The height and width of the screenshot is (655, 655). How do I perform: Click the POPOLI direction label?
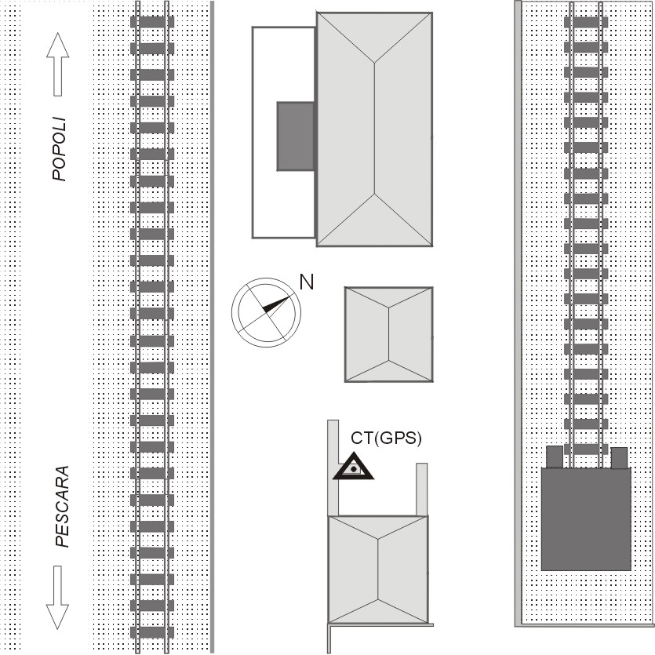[x=60, y=150]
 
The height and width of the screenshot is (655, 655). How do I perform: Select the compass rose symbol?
[x=265, y=311]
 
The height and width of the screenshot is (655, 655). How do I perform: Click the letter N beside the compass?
[x=307, y=282]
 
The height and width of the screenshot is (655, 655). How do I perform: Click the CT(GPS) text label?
[x=385, y=439]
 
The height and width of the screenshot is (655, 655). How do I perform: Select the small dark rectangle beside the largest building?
[x=296, y=136]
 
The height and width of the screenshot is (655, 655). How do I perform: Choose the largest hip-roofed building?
[x=374, y=129]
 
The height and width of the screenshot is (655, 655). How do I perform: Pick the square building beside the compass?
[x=388, y=334]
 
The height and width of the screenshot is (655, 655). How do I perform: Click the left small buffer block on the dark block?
[x=555, y=457]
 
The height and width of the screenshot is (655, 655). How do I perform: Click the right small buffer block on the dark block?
[x=619, y=457]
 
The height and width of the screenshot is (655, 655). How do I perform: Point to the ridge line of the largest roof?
[x=374, y=129]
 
